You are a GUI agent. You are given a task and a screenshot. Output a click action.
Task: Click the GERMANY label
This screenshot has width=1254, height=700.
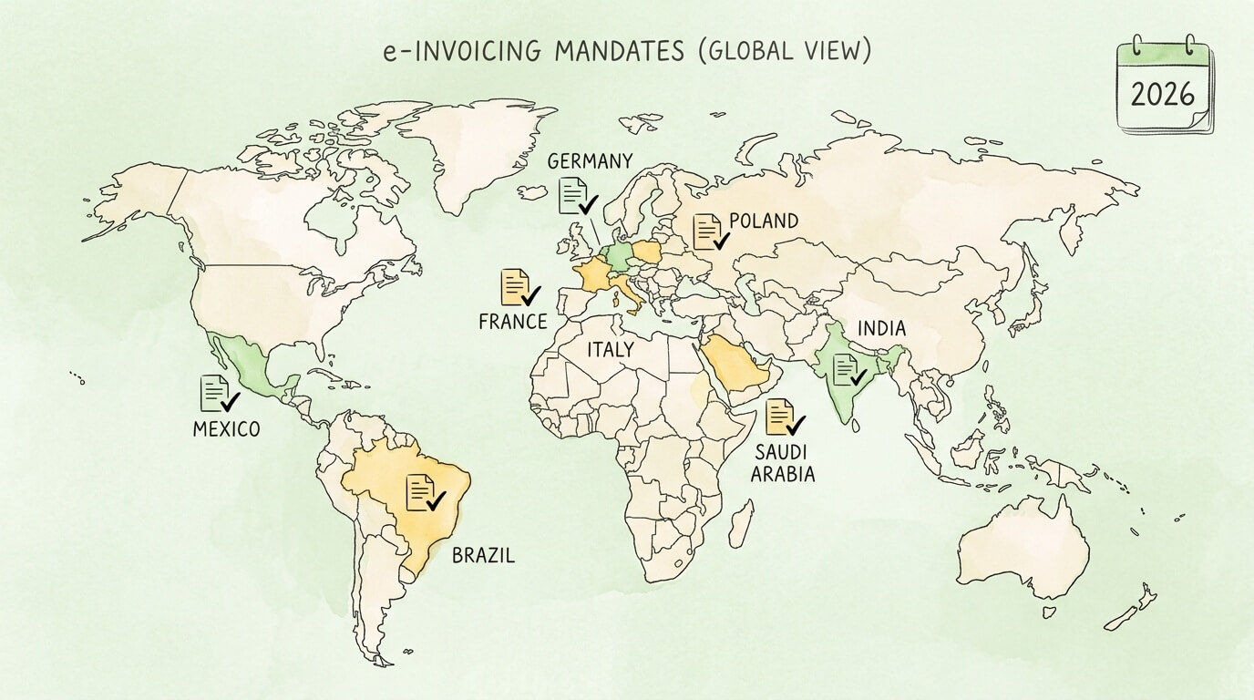(589, 161)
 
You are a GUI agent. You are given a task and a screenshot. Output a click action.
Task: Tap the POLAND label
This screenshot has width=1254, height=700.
(764, 221)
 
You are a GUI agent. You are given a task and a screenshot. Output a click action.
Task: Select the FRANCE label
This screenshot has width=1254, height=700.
(512, 321)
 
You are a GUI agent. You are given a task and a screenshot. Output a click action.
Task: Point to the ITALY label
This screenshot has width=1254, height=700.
(610, 349)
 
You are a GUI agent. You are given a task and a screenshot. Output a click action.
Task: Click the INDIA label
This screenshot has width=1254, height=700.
(880, 329)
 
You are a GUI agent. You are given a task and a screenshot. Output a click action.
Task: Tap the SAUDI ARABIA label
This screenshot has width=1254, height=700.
(784, 463)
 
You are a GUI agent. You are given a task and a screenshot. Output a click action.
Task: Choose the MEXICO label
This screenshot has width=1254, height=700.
(226, 428)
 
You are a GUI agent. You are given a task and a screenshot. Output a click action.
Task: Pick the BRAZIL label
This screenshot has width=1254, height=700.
(483, 554)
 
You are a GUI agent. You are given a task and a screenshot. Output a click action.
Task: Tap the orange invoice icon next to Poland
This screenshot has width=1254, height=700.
(710, 232)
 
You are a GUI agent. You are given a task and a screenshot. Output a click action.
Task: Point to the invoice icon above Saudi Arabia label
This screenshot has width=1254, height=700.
(785, 417)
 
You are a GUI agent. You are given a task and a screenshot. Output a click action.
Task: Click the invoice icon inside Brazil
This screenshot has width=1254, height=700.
(424, 493)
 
